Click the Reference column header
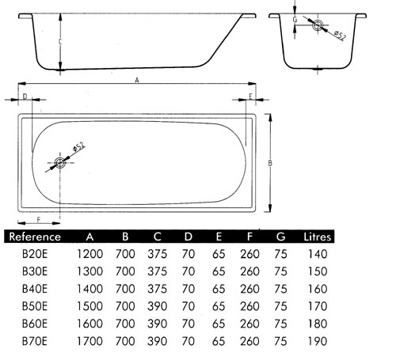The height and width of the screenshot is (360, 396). point(35,237)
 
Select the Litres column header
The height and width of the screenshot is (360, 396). point(317,237)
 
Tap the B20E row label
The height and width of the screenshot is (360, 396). point(35,254)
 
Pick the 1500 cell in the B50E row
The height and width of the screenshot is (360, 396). point(89,306)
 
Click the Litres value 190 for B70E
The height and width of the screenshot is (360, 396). point(318,341)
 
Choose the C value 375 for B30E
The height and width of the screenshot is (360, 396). point(157,271)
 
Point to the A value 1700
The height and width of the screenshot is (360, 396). point(89,341)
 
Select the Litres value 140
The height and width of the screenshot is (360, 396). point(318,254)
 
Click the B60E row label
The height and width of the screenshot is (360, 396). point(35,324)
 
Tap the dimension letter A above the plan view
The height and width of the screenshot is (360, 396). point(137,80)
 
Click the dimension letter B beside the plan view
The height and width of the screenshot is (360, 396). point(270,163)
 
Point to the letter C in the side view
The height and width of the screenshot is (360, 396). point(60,42)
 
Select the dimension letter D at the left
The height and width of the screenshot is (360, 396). point(25,97)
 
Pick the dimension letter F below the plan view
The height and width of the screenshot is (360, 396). point(39,220)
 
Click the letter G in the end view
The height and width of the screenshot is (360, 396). point(295,20)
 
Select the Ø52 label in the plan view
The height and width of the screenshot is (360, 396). point(78,146)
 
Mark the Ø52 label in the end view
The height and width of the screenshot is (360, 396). point(340,36)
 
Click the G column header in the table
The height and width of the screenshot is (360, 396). point(280,237)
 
